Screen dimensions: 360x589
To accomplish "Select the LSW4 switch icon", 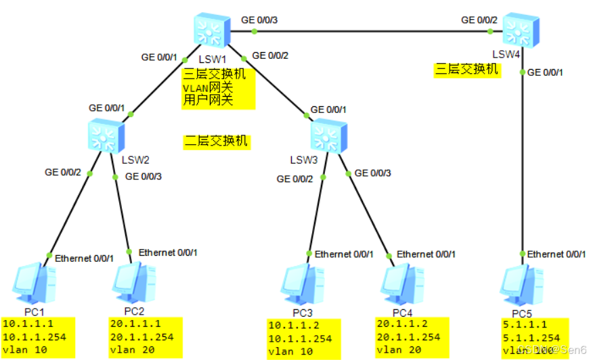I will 519,28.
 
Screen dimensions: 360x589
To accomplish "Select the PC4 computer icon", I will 401,284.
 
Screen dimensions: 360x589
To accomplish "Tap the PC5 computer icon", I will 522,284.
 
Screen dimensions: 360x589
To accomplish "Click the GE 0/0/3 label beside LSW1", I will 259,20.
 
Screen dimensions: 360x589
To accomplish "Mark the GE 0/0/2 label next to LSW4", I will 479,20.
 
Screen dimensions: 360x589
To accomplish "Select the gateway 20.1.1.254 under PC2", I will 141,337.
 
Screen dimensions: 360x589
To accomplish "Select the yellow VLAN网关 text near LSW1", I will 207,88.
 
